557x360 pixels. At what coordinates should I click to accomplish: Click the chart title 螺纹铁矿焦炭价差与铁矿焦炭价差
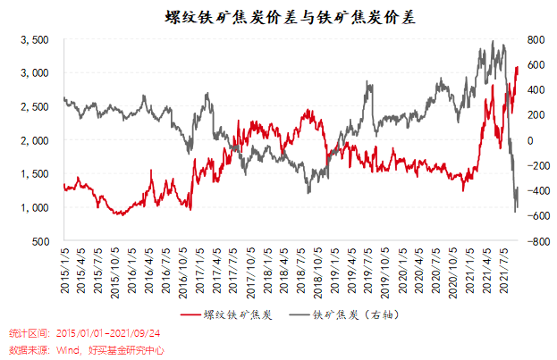click(279, 16)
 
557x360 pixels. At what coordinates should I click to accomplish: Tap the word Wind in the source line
click(70, 349)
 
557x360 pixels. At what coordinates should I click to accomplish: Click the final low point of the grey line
click(516, 211)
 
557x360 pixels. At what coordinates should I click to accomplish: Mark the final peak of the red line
click(517, 66)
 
